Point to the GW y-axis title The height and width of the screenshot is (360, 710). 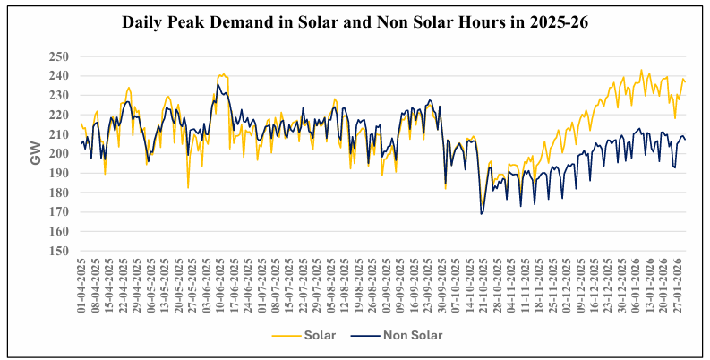36,153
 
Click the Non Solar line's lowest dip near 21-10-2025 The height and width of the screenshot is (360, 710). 481,214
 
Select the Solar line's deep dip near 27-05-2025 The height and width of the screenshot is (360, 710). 188,187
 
